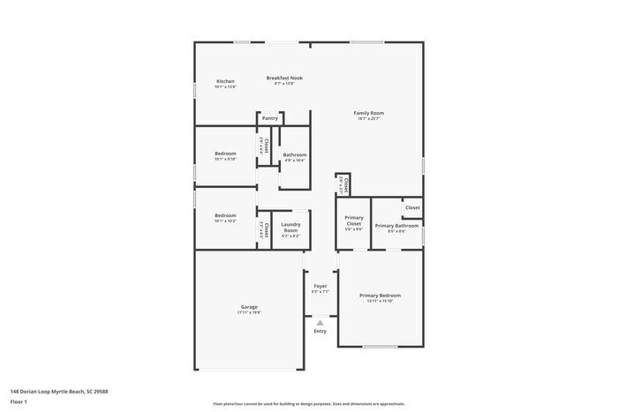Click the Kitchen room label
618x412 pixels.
pyautogui.click(x=226, y=81)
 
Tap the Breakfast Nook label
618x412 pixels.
pyautogui.click(x=285, y=78)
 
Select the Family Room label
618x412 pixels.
pyautogui.click(x=369, y=113)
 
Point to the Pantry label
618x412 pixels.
pyautogui.click(x=270, y=118)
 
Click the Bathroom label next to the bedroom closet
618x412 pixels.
pyautogui.click(x=295, y=154)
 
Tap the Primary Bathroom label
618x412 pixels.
pyautogui.click(x=396, y=226)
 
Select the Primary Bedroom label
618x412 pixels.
pyautogui.click(x=380, y=295)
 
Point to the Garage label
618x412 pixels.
pyautogui.click(x=249, y=307)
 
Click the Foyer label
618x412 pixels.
pyautogui.click(x=320, y=285)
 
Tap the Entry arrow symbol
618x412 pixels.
pyautogui.click(x=320, y=323)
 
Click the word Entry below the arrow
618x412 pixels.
pyautogui.click(x=320, y=331)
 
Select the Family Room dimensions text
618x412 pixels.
pyautogui.click(x=369, y=119)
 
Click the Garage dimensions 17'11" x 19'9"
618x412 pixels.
pyautogui.click(x=249, y=312)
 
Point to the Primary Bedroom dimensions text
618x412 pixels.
pyautogui.click(x=380, y=301)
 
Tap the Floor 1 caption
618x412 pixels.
pyautogui.click(x=19, y=401)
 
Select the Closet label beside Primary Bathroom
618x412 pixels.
pyautogui.click(x=412, y=207)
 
